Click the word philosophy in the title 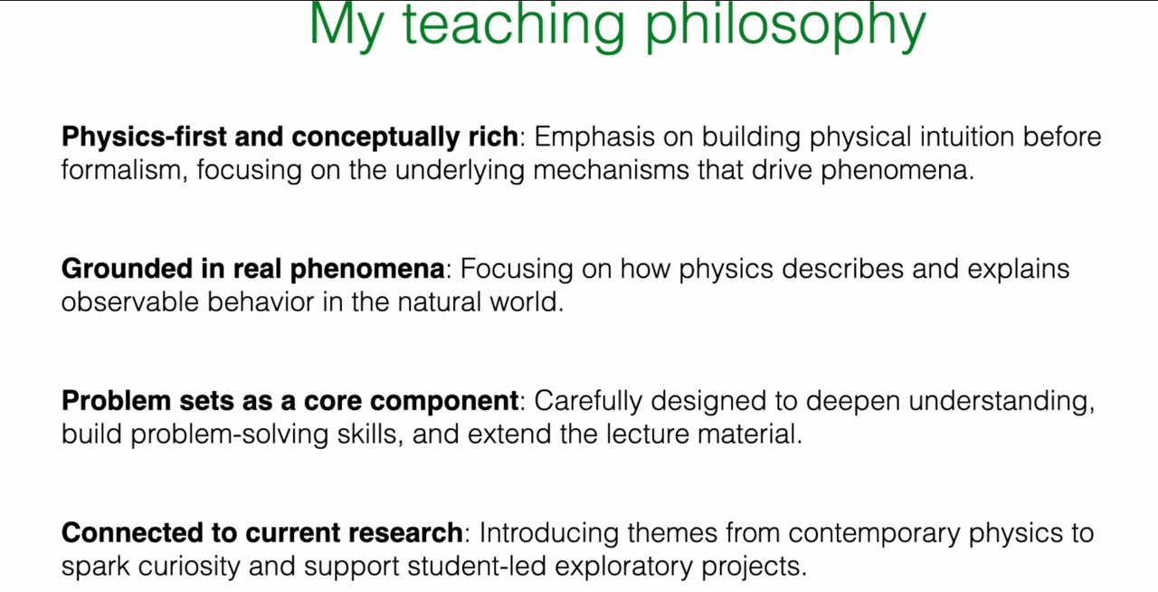coord(785,26)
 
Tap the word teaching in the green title coord(513,26)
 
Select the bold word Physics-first coord(144,137)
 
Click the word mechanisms coord(611,170)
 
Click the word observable coord(130,302)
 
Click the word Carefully coord(588,402)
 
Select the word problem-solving coord(230,434)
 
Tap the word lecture coord(648,434)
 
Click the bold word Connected coord(132,533)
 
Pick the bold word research coord(405,533)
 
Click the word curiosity coord(189,567)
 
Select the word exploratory coord(623,567)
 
